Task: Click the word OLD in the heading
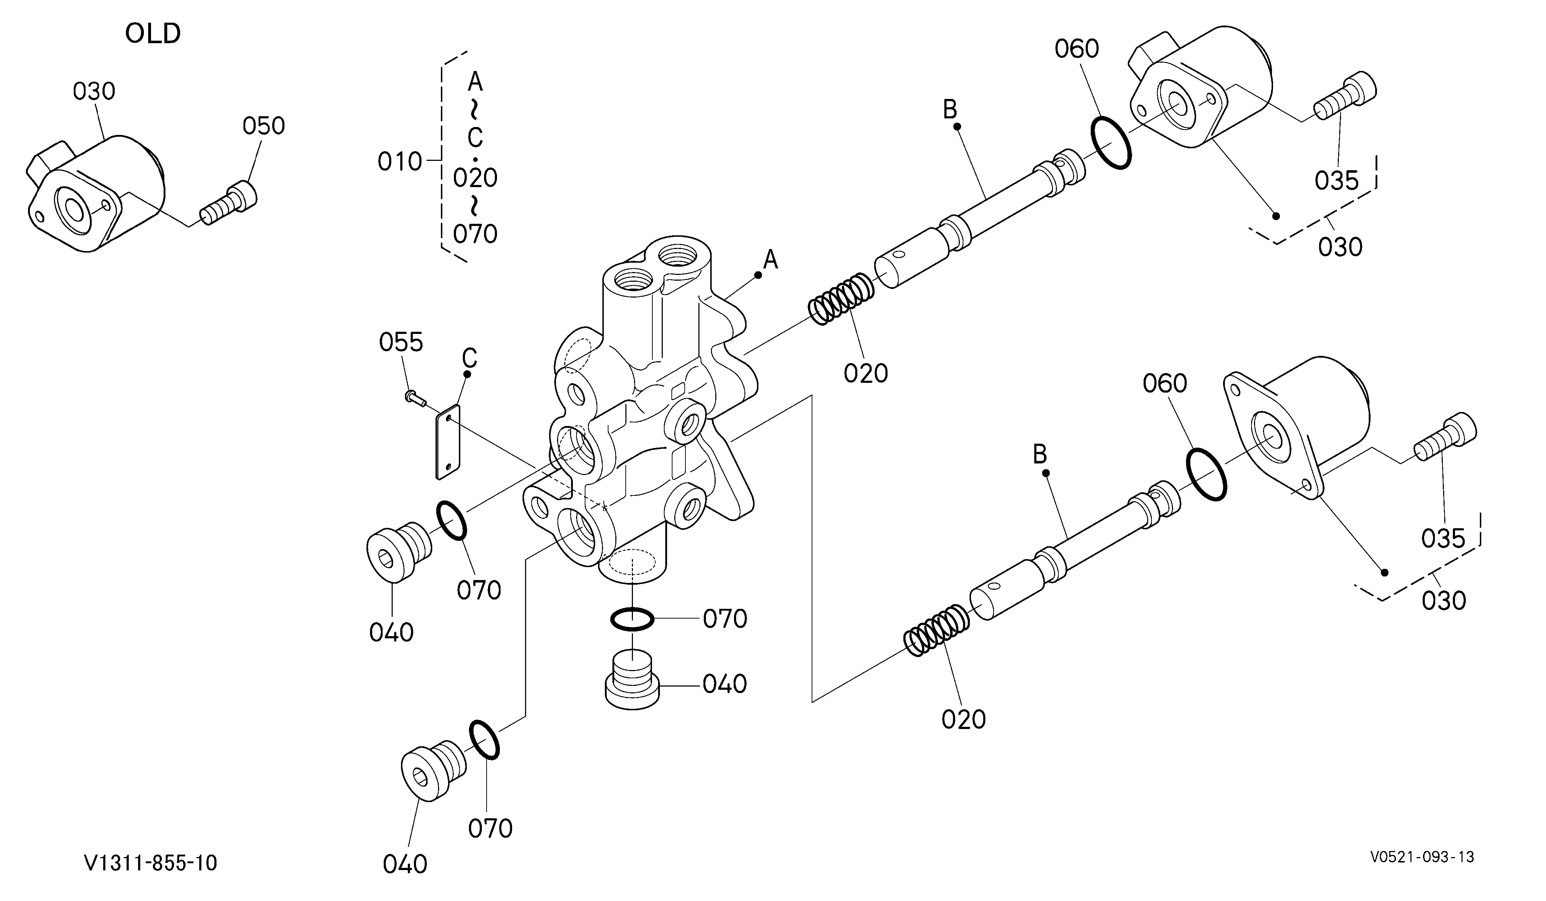point(153,34)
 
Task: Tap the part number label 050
point(264,126)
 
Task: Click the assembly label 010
point(400,162)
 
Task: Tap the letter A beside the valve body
point(771,260)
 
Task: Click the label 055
point(401,343)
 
